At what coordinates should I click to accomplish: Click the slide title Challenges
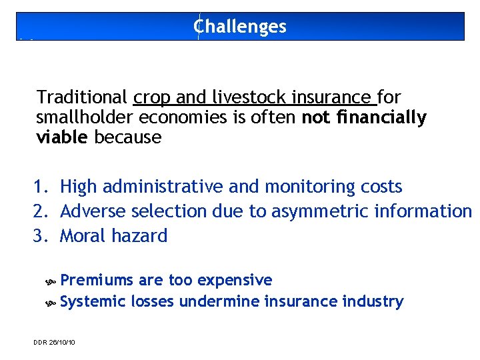coord(240,27)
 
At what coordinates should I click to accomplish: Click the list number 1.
coord(43,187)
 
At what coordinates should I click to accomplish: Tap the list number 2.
coord(43,211)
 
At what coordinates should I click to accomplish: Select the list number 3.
coord(43,236)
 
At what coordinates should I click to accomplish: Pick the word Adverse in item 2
coord(93,211)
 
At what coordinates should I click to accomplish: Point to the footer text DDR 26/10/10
coord(54,342)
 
